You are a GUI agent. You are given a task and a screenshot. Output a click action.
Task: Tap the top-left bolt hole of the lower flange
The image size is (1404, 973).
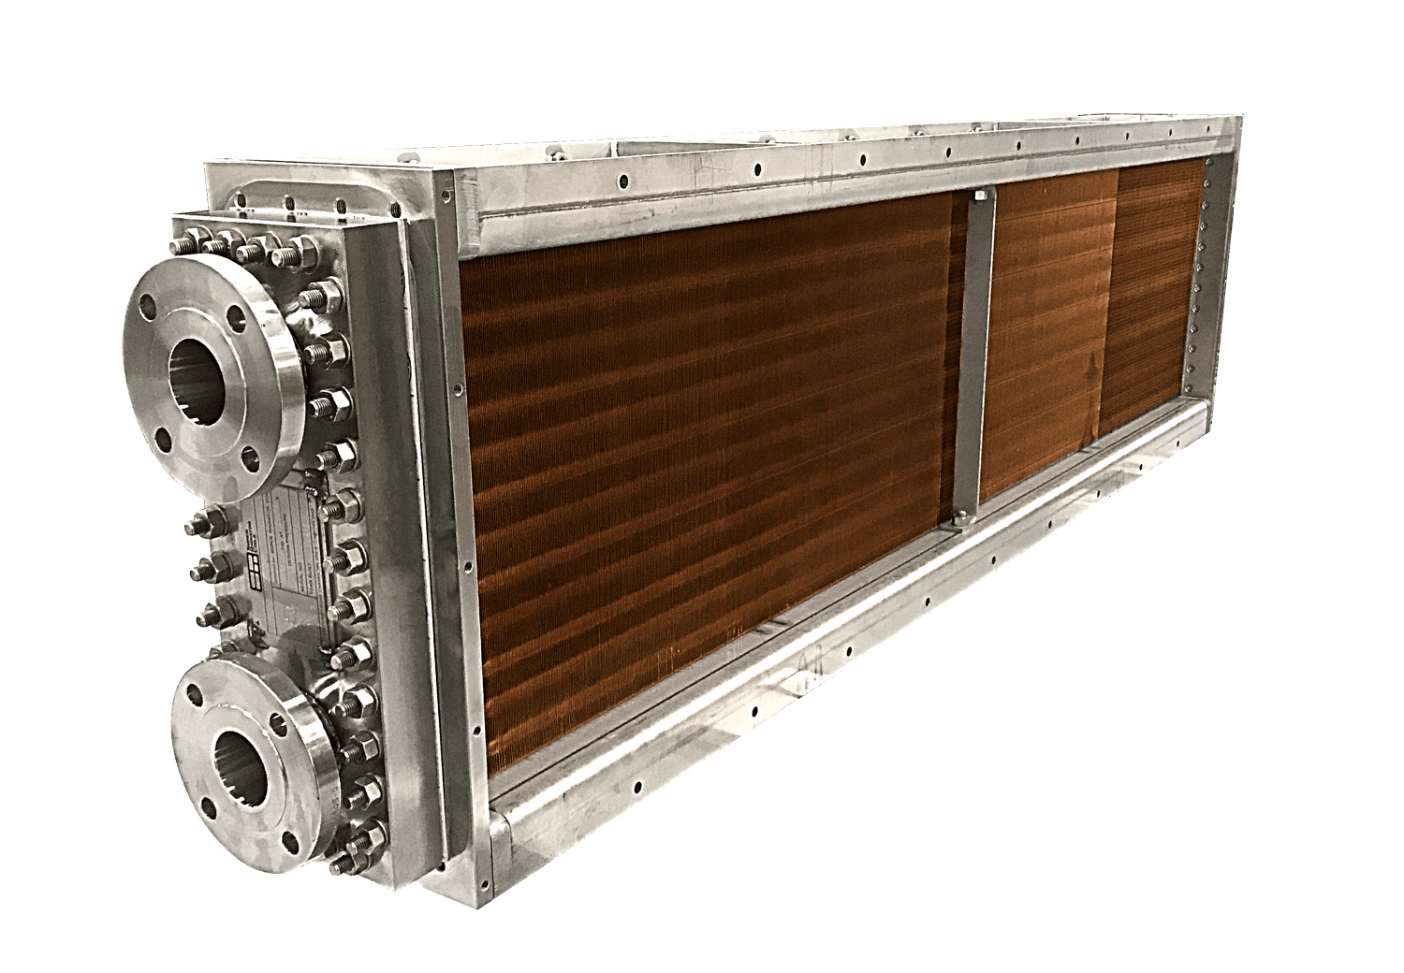(x=194, y=694)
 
